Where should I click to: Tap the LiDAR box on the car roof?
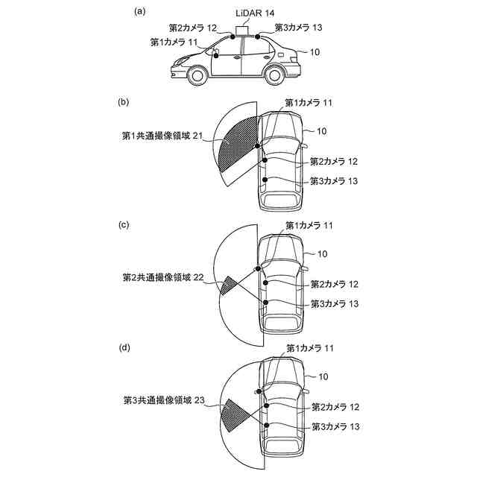point(243,30)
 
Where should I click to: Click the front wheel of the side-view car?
point(197,75)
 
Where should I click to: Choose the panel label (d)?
point(126,347)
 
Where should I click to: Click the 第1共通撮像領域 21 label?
point(162,136)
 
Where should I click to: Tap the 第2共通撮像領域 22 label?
point(162,277)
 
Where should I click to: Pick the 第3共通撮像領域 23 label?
point(162,400)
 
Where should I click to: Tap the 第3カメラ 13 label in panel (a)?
point(298,28)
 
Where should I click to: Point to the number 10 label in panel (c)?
point(322,254)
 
